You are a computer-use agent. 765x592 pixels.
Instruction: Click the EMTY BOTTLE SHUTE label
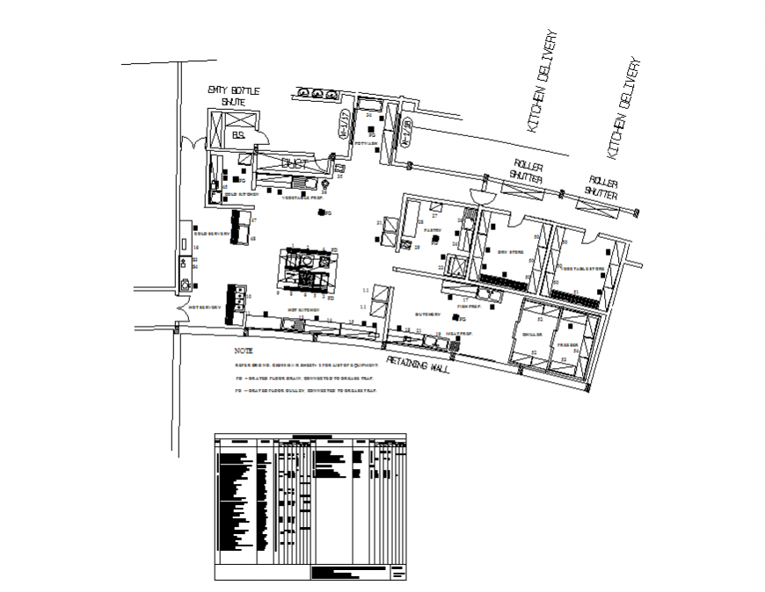[228, 96]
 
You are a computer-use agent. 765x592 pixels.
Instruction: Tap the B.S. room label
[237, 136]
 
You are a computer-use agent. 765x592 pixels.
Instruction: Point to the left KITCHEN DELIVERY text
[543, 83]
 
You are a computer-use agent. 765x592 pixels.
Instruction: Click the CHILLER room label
[534, 335]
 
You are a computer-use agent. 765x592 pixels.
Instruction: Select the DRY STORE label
[511, 252]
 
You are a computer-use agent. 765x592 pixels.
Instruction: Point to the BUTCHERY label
[428, 314]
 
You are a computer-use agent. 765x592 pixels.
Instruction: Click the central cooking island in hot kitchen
[305, 268]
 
